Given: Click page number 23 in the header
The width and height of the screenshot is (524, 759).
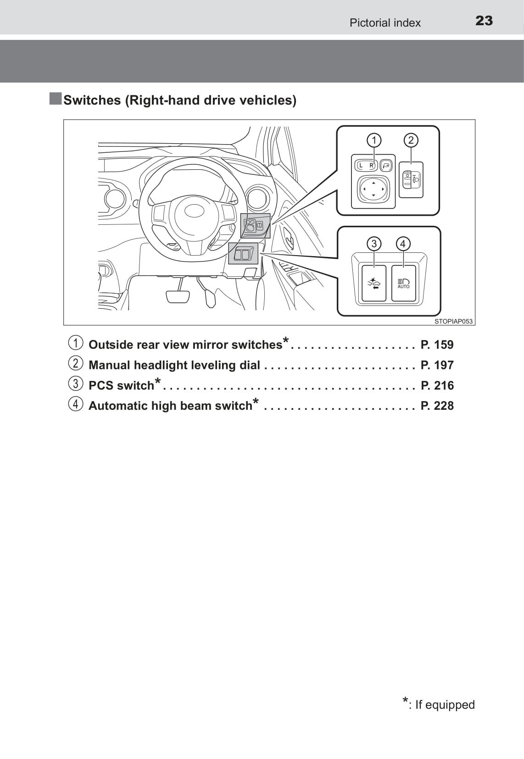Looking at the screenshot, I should pyautogui.click(x=484, y=21).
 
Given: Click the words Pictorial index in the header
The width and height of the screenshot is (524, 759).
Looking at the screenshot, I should pyautogui.click(x=385, y=23).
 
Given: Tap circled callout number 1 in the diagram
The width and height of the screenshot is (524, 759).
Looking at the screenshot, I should pyautogui.click(x=374, y=140).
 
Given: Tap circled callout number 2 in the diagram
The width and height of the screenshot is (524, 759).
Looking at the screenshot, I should pyautogui.click(x=411, y=140).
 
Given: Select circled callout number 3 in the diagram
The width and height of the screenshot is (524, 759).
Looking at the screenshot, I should pyautogui.click(x=374, y=244).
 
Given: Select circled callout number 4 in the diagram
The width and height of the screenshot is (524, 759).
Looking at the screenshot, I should pyautogui.click(x=403, y=244).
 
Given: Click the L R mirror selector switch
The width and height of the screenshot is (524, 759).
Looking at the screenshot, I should pyautogui.click(x=366, y=165).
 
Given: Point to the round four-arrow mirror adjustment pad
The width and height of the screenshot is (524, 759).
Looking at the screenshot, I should pyautogui.click(x=373, y=189).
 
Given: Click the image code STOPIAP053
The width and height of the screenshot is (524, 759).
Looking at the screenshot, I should pyautogui.click(x=453, y=321).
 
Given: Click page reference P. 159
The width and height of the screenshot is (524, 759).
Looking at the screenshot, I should pyautogui.click(x=437, y=345).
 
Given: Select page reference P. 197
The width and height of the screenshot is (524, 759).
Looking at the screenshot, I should pyautogui.click(x=437, y=365).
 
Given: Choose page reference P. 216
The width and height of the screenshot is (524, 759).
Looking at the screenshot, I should pyautogui.click(x=437, y=385).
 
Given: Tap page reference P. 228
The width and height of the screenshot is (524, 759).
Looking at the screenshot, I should pyautogui.click(x=437, y=406).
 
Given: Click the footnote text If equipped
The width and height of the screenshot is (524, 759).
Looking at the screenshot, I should pyautogui.click(x=445, y=704).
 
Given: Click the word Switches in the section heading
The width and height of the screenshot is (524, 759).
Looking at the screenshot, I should pyautogui.click(x=92, y=100).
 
